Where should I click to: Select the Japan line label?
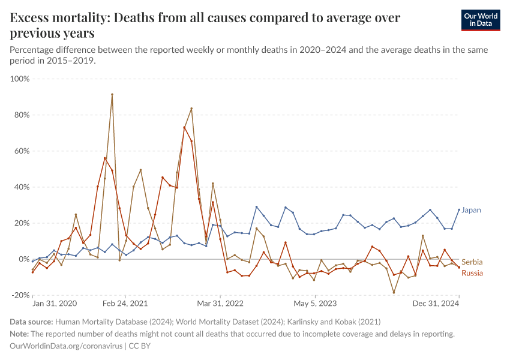point(472,210)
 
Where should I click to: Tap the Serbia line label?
point(472,262)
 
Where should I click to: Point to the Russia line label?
point(472,273)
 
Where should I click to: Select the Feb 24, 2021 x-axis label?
point(125,304)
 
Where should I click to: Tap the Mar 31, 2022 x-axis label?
point(221,304)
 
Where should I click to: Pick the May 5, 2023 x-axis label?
point(314,304)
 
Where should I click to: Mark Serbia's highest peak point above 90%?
point(112,94)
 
